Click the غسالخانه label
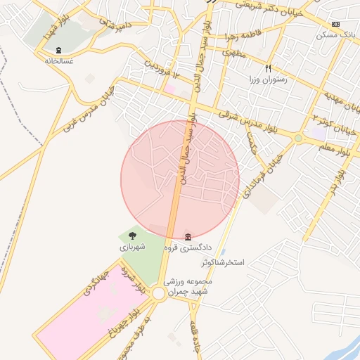point(59,60)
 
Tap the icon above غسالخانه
point(58,50)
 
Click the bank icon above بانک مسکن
point(336,24)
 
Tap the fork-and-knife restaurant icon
point(268,68)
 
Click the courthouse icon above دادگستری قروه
point(188,237)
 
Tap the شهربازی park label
point(132,247)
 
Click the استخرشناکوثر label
point(223,262)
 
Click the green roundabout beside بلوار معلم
point(298,138)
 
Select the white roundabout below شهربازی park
point(159,294)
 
